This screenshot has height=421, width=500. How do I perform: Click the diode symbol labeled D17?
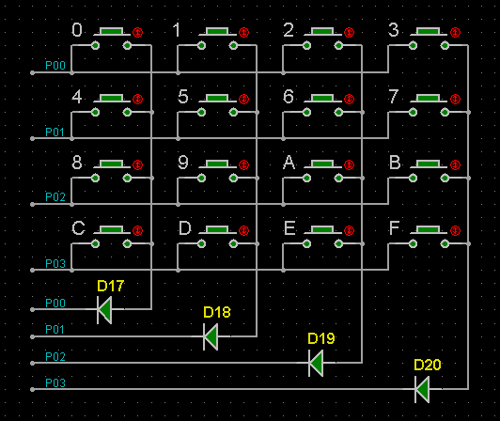(104, 309)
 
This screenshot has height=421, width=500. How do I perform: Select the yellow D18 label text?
(217, 312)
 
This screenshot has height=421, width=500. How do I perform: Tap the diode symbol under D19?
(316, 363)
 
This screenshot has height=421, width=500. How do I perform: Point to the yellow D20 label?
(428, 365)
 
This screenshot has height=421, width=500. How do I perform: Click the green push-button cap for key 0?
(111, 31)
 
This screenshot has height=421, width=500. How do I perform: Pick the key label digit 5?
(183, 96)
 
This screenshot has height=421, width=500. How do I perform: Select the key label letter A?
(289, 163)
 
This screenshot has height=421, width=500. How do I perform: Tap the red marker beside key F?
(455, 230)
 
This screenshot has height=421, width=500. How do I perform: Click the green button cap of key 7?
(428, 98)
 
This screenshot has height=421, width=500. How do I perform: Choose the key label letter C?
(78, 228)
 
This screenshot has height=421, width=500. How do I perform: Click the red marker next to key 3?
(455, 32)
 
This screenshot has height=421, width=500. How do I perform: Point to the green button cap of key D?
(217, 229)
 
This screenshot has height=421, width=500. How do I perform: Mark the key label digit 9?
(183, 163)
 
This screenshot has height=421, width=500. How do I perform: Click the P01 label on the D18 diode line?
(55, 330)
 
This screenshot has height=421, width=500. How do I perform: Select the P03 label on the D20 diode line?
(55, 382)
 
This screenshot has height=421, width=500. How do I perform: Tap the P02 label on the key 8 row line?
(55, 197)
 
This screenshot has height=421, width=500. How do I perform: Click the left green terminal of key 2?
(306, 46)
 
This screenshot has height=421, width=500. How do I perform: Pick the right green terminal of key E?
(338, 244)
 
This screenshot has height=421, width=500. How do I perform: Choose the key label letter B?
(395, 163)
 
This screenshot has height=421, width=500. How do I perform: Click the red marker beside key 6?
(350, 100)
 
